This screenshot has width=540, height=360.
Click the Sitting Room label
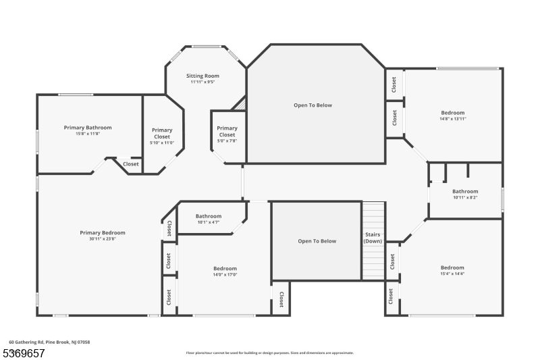tap(202, 76)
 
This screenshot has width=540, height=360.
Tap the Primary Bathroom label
tap(88, 127)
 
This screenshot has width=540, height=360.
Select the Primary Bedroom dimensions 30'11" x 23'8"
tap(103, 238)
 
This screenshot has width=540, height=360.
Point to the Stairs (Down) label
tap(373, 238)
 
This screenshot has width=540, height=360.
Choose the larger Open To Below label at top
tap(313, 105)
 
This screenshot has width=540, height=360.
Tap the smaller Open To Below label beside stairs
tap(317, 241)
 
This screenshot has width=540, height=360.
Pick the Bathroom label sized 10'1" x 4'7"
tap(209, 216)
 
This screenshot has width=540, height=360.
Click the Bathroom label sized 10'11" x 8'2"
tap(465, 191)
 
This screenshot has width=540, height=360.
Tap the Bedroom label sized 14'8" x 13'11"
tap(453, 113)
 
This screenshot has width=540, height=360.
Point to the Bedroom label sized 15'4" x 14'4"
tap(452, 267)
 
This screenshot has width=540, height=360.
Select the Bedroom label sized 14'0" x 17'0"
tap(225, 268)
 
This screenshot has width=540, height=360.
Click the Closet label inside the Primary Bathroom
tap(130, 163)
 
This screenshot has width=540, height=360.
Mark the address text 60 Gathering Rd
tap(49, 342)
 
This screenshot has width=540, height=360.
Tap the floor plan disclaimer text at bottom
tap(269, 353)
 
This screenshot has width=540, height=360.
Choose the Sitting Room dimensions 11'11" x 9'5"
tap(202, 82)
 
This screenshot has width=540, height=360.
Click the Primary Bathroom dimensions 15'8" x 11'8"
tap(88, 134)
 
